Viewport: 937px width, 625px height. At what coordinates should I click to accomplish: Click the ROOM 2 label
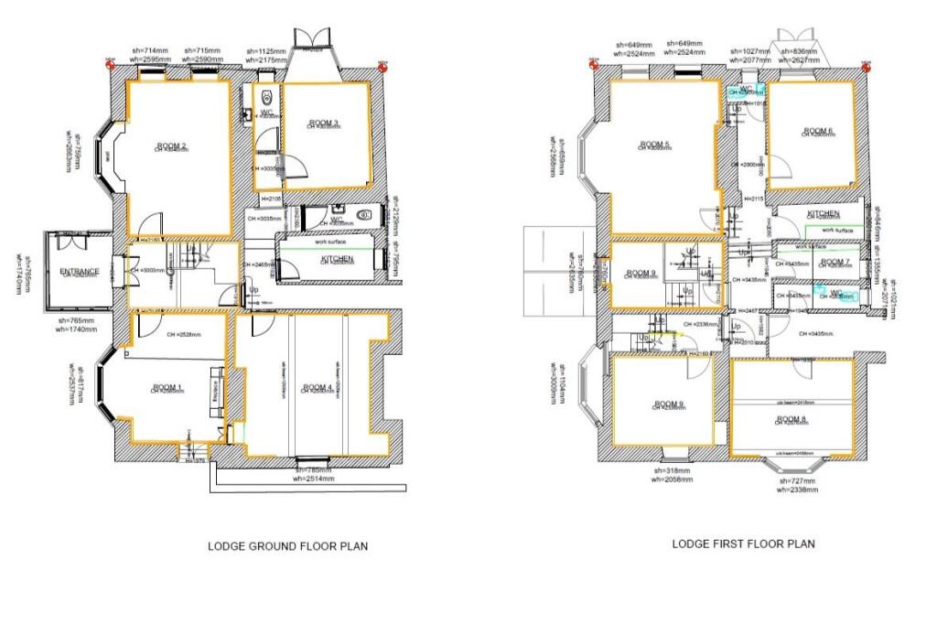[171, 146]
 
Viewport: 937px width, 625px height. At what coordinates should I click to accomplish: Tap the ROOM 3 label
[323, 123]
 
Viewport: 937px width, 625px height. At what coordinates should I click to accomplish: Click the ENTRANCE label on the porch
[80, 272]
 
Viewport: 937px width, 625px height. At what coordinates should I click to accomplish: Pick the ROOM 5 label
[655, 145]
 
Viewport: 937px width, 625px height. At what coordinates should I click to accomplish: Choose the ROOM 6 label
[817, 130]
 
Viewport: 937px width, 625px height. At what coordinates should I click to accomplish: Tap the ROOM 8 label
[792, 419]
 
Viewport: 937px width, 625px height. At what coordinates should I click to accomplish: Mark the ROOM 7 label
[835, 262]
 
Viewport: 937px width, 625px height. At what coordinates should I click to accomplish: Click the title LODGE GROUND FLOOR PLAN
[288, 546]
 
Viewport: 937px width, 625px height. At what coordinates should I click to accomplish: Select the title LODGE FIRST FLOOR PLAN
[743, 544]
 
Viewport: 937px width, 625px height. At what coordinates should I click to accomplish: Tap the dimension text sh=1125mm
[264, 50]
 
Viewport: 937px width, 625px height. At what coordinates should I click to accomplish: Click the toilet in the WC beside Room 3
[264, 98]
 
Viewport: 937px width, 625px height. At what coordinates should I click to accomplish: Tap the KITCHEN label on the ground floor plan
[337, 260]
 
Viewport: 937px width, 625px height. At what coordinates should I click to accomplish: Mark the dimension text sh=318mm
[673, 470]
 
